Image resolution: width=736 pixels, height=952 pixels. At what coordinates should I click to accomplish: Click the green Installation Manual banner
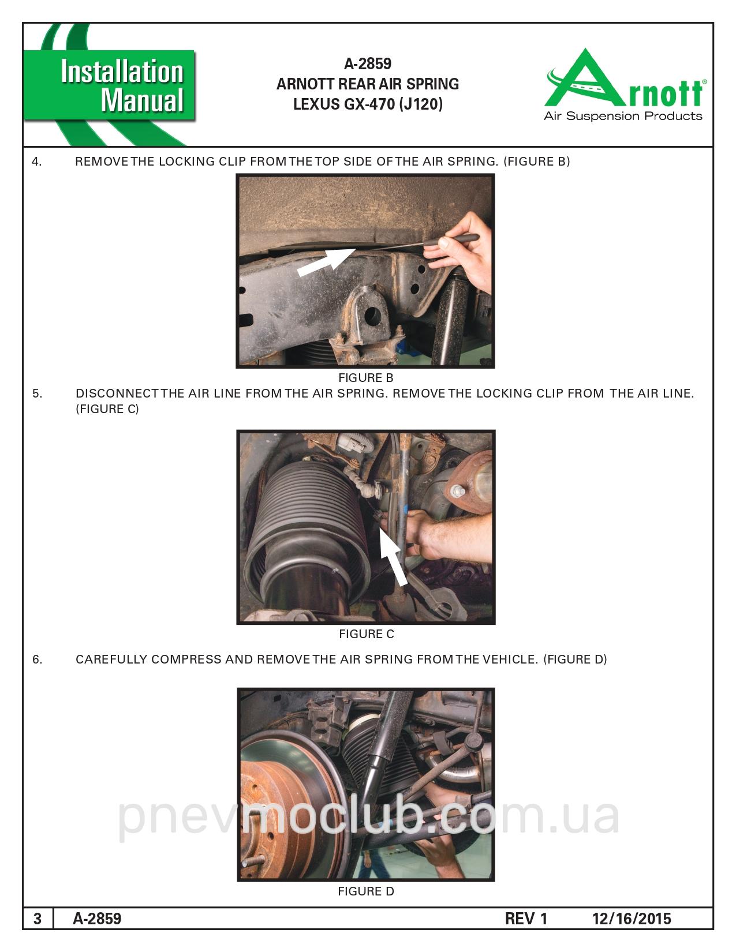point(109,85)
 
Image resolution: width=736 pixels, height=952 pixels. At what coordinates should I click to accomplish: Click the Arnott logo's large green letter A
point(585,79)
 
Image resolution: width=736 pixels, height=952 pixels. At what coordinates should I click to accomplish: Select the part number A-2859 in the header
point(367,64)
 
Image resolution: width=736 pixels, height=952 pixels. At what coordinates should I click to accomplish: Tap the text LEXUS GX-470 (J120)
point(368,104)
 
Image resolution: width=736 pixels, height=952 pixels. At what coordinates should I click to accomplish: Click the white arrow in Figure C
point(394,556)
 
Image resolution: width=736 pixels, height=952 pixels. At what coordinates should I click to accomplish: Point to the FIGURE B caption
point(365,378)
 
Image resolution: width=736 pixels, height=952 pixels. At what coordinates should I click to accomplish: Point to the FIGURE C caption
point(367,634)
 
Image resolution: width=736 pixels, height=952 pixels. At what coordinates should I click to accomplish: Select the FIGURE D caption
point(366,891)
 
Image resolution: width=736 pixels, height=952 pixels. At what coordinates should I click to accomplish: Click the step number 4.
point(37,162)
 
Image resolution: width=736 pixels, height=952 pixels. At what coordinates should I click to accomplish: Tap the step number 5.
point(38,393)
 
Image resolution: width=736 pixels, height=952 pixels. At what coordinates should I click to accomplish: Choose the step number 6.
point(38,659)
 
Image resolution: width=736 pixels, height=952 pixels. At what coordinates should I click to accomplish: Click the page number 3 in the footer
point(38,919)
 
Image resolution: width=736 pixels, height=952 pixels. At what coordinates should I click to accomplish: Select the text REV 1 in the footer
point(526,919)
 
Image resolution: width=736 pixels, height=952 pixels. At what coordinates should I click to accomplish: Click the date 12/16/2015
point(632,919)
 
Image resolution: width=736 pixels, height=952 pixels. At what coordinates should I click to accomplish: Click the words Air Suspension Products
point(623,116)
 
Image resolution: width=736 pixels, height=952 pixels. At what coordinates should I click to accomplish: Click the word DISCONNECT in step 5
point(117,393)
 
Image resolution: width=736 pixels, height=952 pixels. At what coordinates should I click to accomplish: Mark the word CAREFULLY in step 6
point(111,659)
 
